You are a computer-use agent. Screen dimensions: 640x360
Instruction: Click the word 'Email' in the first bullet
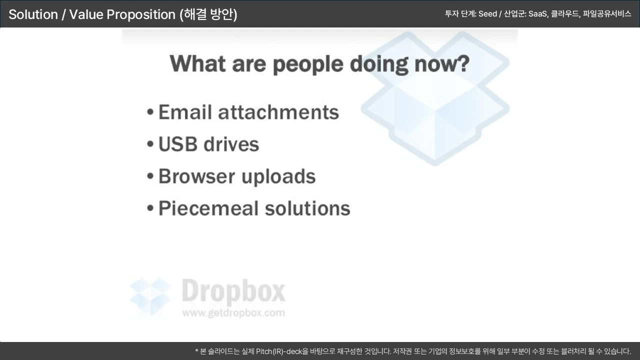click(185, 112)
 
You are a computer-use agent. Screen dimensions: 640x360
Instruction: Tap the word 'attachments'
click(278, 112)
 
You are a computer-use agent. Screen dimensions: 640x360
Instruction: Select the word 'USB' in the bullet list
click(177, 144)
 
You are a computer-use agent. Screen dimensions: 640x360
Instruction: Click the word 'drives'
click(231, 144)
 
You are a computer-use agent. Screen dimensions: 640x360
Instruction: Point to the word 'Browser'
click(196, 176)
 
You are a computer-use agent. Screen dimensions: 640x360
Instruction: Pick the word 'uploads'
click(278, 177)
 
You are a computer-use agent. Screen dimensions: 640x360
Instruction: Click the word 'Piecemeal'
click(208, 208)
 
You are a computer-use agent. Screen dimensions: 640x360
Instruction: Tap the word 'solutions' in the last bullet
click(307, 208)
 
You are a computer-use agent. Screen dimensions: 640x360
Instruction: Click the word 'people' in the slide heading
click(308, 65)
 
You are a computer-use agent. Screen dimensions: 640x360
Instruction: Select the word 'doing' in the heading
click(379, 64)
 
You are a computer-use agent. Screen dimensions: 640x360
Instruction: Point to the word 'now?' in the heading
click(442, 63)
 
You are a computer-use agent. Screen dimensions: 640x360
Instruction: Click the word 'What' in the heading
click(197, 63)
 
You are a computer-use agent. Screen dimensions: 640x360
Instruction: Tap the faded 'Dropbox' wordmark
click(233, 291)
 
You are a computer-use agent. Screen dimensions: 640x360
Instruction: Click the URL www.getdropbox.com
click(233, 313)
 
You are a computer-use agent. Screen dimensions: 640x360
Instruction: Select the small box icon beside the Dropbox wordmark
click(150, 296)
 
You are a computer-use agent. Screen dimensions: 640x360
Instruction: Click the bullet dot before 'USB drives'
click(150, 143)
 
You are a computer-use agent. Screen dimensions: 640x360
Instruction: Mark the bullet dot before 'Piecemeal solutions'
click(150, 208)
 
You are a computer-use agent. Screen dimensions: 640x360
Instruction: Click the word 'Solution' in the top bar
click(33, 14)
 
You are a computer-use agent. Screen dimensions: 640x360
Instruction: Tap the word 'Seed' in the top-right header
click(487, 13)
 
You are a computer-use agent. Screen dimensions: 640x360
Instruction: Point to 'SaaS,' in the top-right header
click(538, 14)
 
